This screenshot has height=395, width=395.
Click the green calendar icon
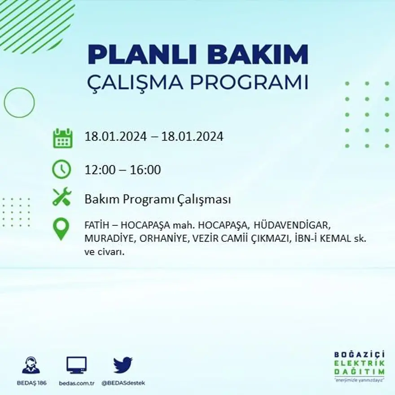(x=62, y=138)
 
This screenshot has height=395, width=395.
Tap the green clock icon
(x=61, y=169)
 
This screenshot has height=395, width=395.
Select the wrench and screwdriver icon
(x=62, y=197)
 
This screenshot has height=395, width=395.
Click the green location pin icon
(x=61, y=228)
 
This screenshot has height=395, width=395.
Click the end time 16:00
(x=145, y=170)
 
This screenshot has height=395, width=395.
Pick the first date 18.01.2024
(x=116, y=136)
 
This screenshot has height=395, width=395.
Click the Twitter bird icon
(x=123, y=365)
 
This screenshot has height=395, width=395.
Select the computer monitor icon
(x=76, y=365)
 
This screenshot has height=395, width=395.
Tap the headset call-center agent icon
(x=31, y=365)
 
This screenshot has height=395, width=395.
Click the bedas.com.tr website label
(x=76, y=383)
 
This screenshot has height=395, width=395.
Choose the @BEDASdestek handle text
(x=123, y=383)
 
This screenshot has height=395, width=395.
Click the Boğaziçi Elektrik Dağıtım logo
(x=359, y=366)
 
